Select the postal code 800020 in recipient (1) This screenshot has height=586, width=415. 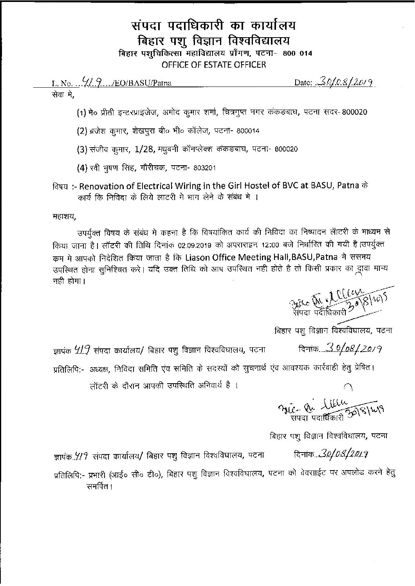click(354, 112)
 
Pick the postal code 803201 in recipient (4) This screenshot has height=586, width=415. click(203, 168)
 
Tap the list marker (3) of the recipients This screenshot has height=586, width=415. click(81, 149)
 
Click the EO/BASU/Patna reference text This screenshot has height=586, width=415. click(143, 83)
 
